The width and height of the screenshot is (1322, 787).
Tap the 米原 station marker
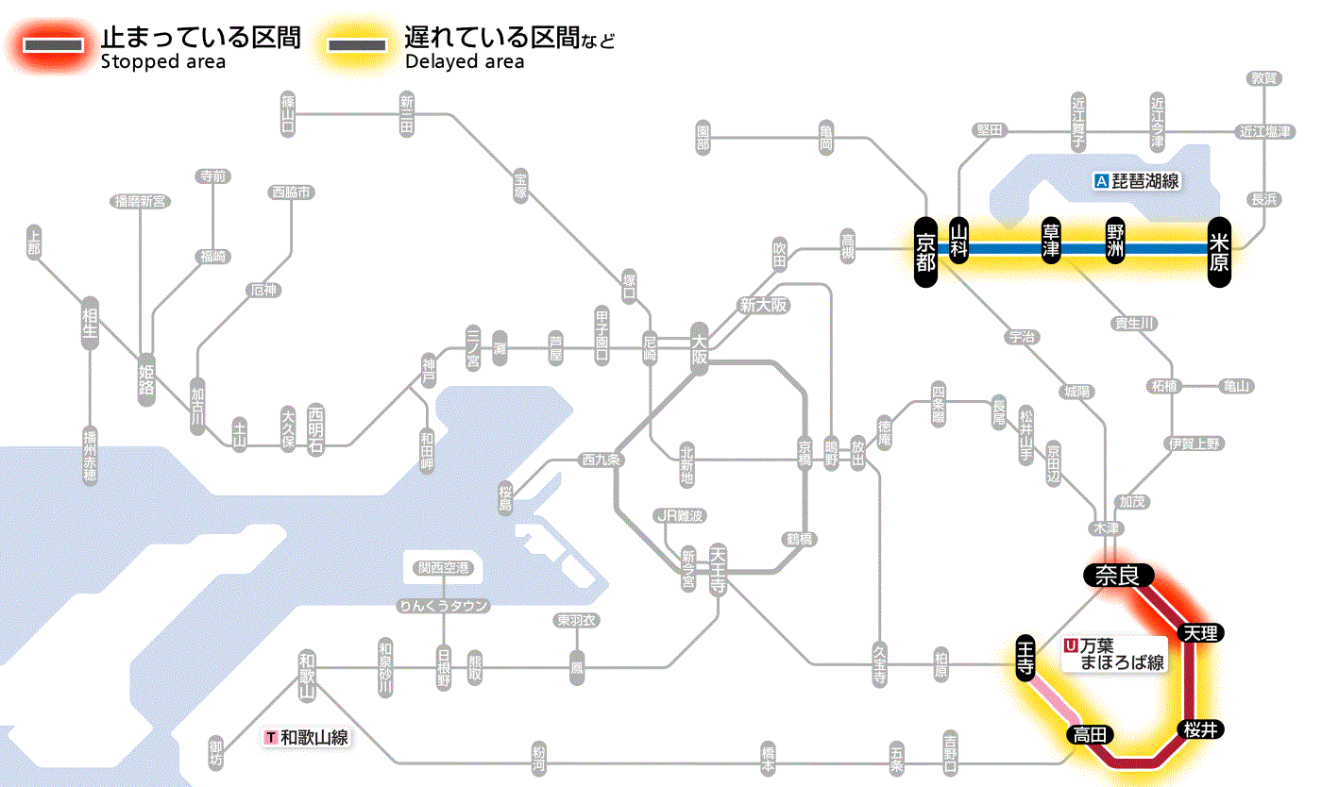(x=1219, y=250)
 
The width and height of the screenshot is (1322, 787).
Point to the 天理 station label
(x=1200, y=632)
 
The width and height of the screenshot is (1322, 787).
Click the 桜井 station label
(x=1201, y=728)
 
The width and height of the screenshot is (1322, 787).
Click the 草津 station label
(x=1051, y=243)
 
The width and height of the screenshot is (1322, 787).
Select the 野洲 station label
(x=1115, y=243)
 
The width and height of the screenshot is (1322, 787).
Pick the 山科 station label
(x=959, y=243)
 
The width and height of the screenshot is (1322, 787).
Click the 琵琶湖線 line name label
(x=1138, y=181)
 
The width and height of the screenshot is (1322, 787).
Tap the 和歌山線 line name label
(x=308, y=737)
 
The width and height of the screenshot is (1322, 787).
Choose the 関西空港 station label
(x=443, y=568)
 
